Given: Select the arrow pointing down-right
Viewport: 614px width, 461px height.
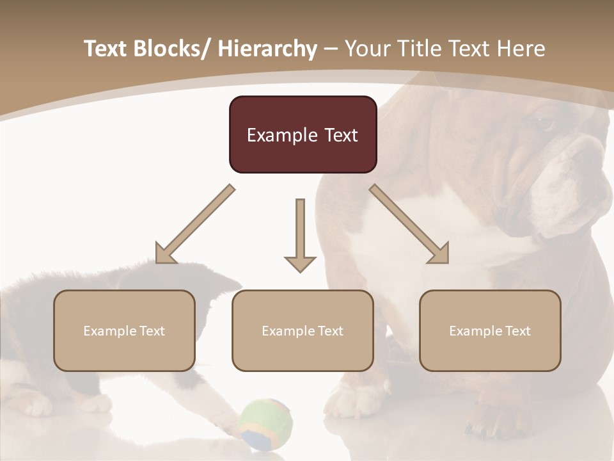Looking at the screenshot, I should coord(409,224).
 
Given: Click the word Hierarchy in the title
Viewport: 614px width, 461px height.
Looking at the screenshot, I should coord(267,49).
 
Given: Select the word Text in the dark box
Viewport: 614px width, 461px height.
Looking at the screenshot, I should coord(340,135).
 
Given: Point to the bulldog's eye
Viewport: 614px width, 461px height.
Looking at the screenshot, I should coord(544,121).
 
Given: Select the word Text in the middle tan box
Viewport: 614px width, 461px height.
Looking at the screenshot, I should coord(329,331).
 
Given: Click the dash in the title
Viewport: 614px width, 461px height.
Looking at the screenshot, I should coord(331,49).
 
